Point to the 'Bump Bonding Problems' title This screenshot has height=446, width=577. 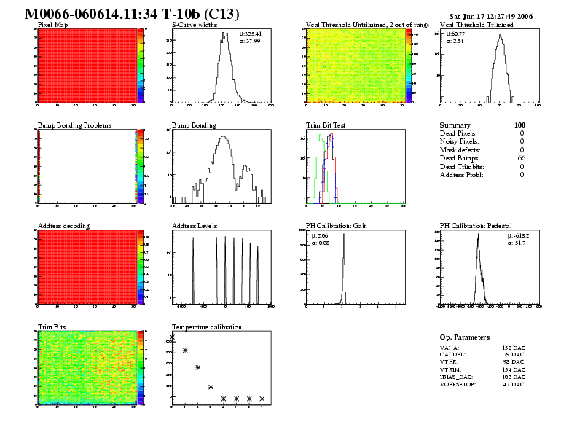(74, 125)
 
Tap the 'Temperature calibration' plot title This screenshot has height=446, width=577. (207, 327)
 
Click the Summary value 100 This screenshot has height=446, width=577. (519, 125)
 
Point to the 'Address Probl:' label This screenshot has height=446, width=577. (461, 175)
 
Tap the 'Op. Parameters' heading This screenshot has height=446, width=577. (465, 337)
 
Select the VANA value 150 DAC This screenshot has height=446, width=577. (514, 348)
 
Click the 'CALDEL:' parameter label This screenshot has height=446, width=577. (454, 356)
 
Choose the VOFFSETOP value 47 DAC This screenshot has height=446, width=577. (514, 384)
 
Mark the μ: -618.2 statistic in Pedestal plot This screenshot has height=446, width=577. (518, 236)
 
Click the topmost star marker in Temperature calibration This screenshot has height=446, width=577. (173, 337)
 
